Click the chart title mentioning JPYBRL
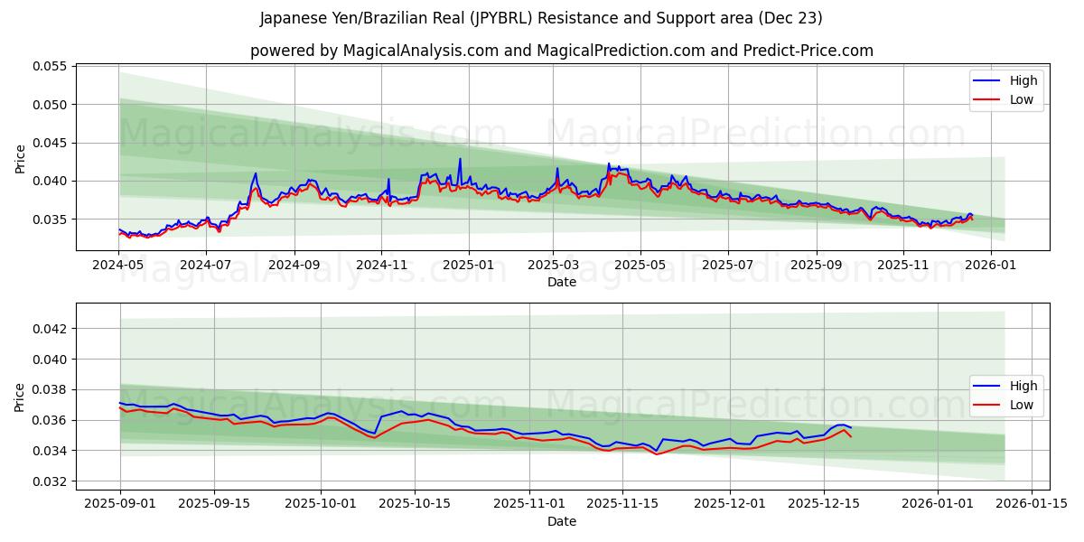click(541, 18)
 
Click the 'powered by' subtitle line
click(561, 51)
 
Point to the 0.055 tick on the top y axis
click(51, 67)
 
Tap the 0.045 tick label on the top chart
click(51, 143)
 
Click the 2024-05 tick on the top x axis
click(119, 266)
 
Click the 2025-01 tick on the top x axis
click(469, 266)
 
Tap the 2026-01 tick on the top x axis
click(991, 266)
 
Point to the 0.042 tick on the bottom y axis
click(51, 329)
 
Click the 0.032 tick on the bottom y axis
click(51, 481)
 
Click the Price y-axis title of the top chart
click(21, 158)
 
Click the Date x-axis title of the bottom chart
click(561, 521)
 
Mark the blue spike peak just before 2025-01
click(460, 159)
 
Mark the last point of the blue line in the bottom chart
click(850, 428)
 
